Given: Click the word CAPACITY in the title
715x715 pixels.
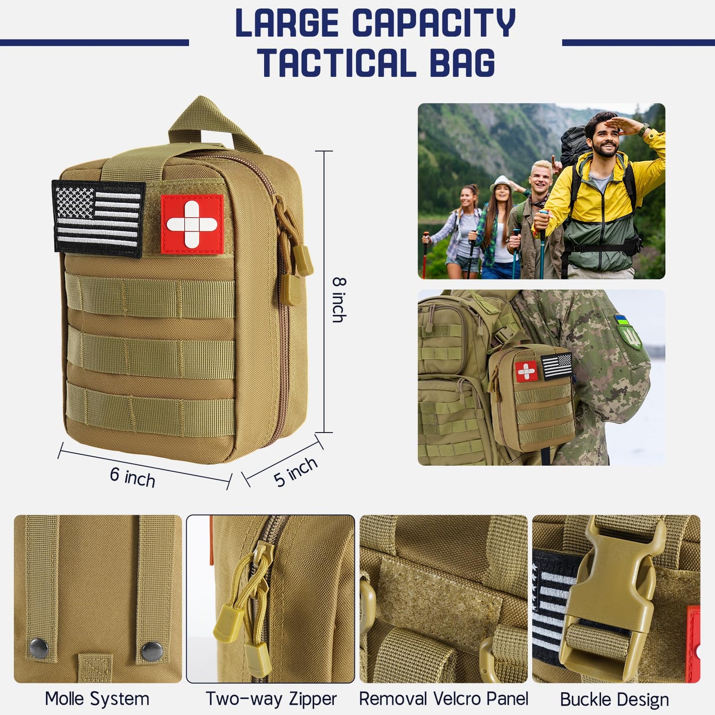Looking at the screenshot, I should pos(433,23).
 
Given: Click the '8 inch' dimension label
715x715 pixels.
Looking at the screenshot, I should pos(338,300).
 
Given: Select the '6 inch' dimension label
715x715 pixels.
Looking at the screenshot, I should pos(133,477).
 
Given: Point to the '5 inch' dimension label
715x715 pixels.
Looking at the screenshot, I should pos(295,472).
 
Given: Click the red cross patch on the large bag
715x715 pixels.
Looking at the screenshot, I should pos(192,224).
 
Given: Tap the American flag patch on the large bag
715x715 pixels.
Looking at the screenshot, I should pos(98,218).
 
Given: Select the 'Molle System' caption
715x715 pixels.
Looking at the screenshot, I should pos(97,699).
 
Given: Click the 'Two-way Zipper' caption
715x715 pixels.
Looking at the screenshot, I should pos(271,699).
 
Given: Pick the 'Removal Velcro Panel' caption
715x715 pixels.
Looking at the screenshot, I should pos(443,699).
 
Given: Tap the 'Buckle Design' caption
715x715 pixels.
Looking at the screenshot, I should pos(614,699).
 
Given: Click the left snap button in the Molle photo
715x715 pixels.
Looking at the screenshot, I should pos(39,648).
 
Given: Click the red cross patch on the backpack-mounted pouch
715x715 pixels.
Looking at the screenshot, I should pos(526,371).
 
